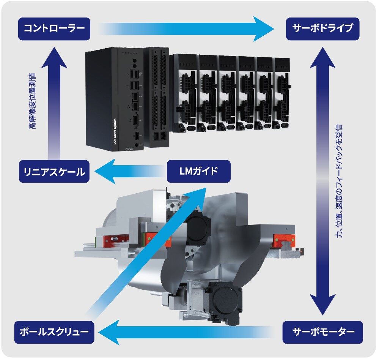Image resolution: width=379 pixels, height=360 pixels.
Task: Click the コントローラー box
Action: coord(54,28)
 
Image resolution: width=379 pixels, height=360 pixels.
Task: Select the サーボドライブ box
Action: coord(323,28)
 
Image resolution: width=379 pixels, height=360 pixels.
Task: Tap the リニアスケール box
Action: coord(54,172)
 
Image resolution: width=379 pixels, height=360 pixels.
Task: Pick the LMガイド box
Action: coord(198,171)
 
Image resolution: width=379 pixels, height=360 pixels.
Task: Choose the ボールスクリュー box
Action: coord(54,332)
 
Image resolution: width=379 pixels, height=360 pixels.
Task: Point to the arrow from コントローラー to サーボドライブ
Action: coord(186,29)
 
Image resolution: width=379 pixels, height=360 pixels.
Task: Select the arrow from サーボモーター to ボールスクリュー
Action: coord(186,332)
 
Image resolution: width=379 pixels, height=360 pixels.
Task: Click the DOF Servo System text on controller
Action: coord(115,133)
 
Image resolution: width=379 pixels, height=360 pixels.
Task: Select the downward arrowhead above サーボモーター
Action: coord(323,306)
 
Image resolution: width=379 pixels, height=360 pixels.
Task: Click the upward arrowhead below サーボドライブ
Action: coord(323,57)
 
